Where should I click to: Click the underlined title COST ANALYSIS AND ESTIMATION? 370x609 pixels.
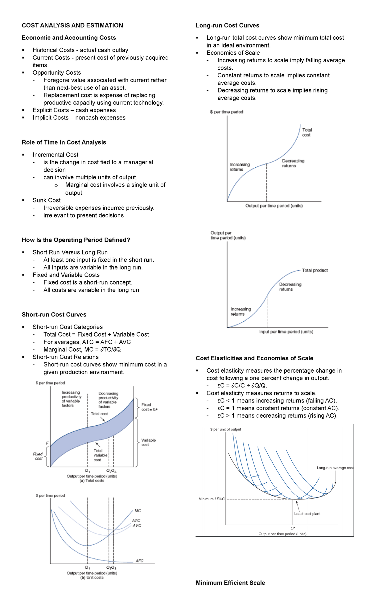(72, 25)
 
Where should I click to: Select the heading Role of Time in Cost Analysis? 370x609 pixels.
(64, 142)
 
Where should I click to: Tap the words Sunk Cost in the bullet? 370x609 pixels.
(47, 200)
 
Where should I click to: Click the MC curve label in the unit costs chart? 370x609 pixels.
(138, 511)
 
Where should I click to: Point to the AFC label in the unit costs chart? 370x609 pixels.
(139, 561)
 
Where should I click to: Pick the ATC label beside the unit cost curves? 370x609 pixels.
(136, 520)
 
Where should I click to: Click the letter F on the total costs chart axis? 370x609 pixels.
(47, 443)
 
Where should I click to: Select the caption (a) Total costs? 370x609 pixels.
(92, 480)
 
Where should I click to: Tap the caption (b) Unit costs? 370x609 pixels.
(92, 578)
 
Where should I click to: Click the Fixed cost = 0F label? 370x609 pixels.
(149, 407)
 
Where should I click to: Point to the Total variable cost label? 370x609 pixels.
(100, 455)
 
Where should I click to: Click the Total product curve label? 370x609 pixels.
(314, 270)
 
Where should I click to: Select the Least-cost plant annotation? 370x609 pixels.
(307, 514)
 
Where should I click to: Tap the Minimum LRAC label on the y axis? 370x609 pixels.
(212, 499)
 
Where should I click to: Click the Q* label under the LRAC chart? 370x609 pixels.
(293, 528)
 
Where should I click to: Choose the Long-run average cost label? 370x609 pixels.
(335, 468)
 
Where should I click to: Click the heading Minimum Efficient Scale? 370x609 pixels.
(230, 583)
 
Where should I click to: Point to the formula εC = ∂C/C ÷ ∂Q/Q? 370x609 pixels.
(242, 386)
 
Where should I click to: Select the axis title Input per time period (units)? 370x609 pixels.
(286, 332)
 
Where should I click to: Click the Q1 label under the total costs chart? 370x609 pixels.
(88, 471)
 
